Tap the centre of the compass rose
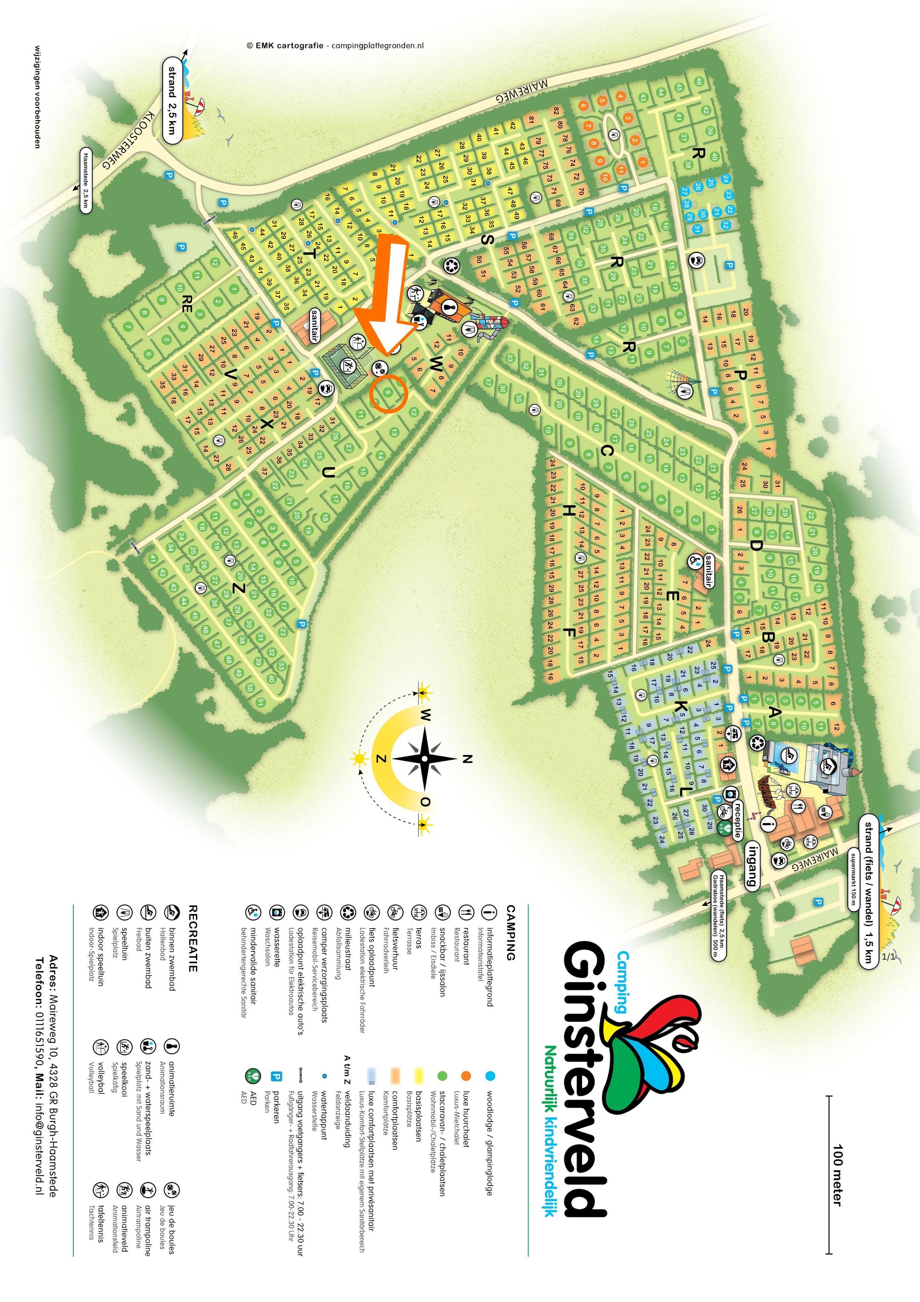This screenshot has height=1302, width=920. click(x=425, y=759)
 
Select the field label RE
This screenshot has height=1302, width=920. click(x=185, y=304)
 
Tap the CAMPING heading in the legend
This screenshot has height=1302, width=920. click(x=511, y=933)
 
